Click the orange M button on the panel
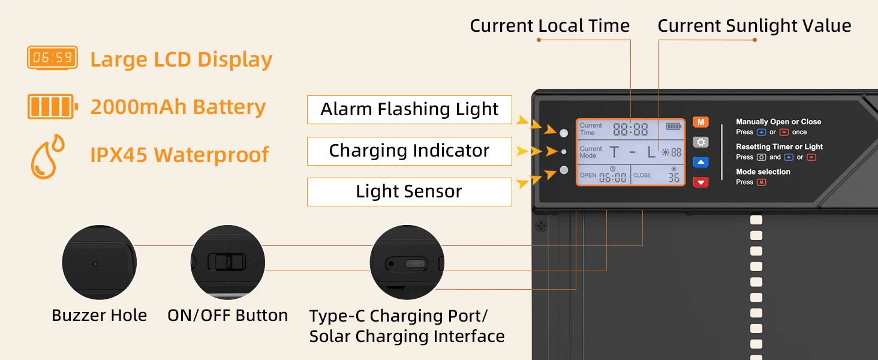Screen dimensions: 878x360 click(x=701, y=122)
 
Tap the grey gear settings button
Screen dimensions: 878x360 click(x=701, y=142)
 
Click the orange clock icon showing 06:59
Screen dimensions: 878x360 click(x=52, y=58)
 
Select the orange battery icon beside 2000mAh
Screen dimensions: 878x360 click(x=53, y=106)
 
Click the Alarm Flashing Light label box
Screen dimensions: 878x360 click(x=410, y=110)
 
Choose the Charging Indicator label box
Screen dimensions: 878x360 click(x=410, y=151)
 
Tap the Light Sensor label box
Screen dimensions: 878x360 click(x=410, y=192)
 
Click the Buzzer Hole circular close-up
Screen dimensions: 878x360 click(x=99, y=262)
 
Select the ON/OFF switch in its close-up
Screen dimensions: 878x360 click(x=227, y=262)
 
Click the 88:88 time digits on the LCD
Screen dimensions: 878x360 click(x=630, y=129)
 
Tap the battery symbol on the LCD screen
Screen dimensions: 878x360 click(x=673, y=126)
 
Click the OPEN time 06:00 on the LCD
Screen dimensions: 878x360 click(x=613, y=177)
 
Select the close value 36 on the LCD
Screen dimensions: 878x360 click(x=673, y=178)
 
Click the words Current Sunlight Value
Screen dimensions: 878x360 click(x=754, y=26)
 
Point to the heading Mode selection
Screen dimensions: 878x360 click(x=763, y=172)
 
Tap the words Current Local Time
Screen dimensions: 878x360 click(x=549, y=26)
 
